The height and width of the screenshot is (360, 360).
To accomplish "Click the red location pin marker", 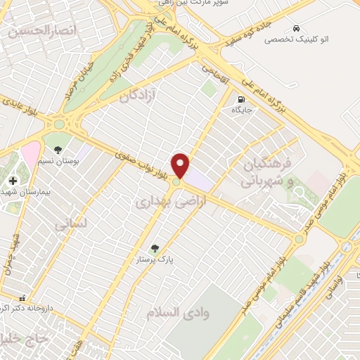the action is click(x=181, y=165).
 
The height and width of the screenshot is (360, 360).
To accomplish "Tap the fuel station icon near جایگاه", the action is click(x=242, y=99).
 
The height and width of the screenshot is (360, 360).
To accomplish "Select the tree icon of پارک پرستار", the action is click(x=155, y=248).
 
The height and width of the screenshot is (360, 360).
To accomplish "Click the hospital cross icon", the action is click(x=12, y=181).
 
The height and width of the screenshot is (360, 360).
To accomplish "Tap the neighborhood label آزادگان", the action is click(x=144, y=94).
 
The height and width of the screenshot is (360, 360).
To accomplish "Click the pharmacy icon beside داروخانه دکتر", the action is click(x=22, y=298).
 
